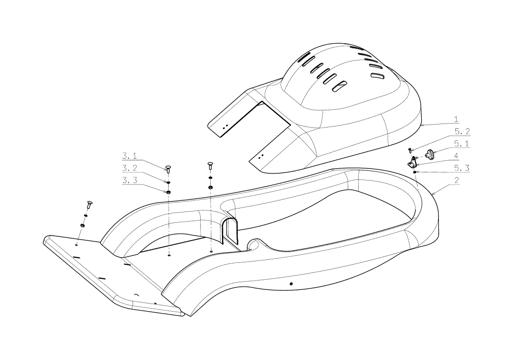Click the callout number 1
[456, 119]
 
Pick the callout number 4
[456, 156]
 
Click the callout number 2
[457, 181]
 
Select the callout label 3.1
[129, 156]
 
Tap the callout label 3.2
[129, 168]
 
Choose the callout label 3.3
[129, 181]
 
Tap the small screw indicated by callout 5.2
[409, 151]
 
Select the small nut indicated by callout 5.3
[415, 172]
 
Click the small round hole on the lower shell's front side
[291, 284]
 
